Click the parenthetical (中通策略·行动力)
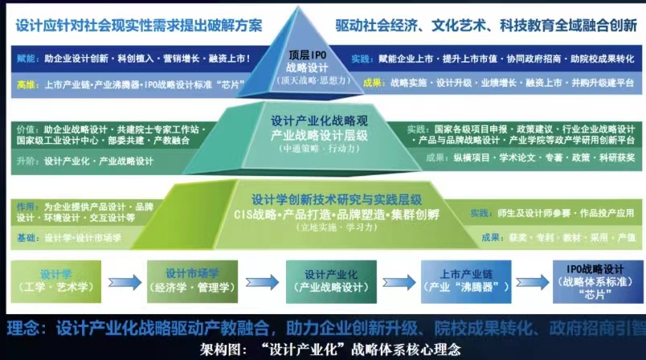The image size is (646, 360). point(319,149)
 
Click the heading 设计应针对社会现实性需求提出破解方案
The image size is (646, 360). point(138,25)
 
